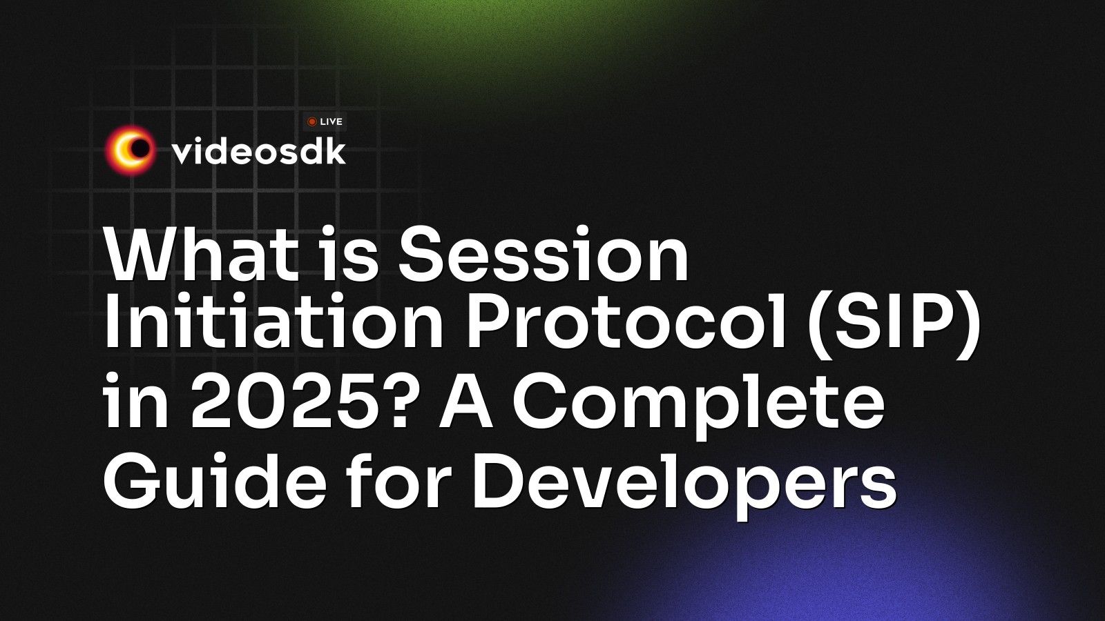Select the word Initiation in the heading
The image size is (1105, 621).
pos(273,326)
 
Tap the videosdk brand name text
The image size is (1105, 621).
pos(258,151)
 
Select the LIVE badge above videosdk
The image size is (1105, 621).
pos(325,121)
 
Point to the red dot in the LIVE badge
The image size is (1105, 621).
pos(312,121)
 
